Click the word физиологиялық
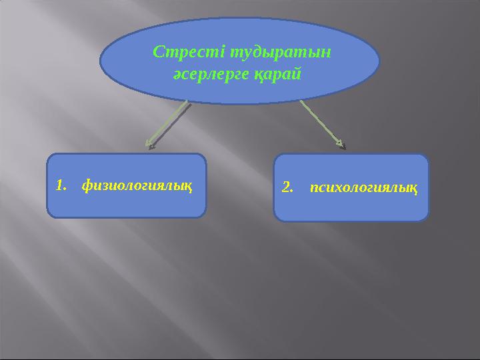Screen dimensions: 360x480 pyautogui.click(x=137, y=186)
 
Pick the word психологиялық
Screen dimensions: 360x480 pyautogui.click(x=365, y=188)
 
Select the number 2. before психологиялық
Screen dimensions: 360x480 pyautogui.click(x=288, y=188)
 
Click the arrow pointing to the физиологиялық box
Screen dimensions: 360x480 pyautogui.click(x=168, y=123)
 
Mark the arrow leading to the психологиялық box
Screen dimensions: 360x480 pyautogui.click(x=321, y=123)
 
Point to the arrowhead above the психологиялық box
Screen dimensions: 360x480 pyautogui.click(x=341, y=143)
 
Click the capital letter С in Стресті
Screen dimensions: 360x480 pyautogui.click(x=158, y=51)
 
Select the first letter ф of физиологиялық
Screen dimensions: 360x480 pyautogui.click(x=86, y=186)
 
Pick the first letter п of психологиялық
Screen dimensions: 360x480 pyautogui.click(x=315, y=188)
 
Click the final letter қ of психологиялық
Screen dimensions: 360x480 pyautogui.click(x=415, y=189)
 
